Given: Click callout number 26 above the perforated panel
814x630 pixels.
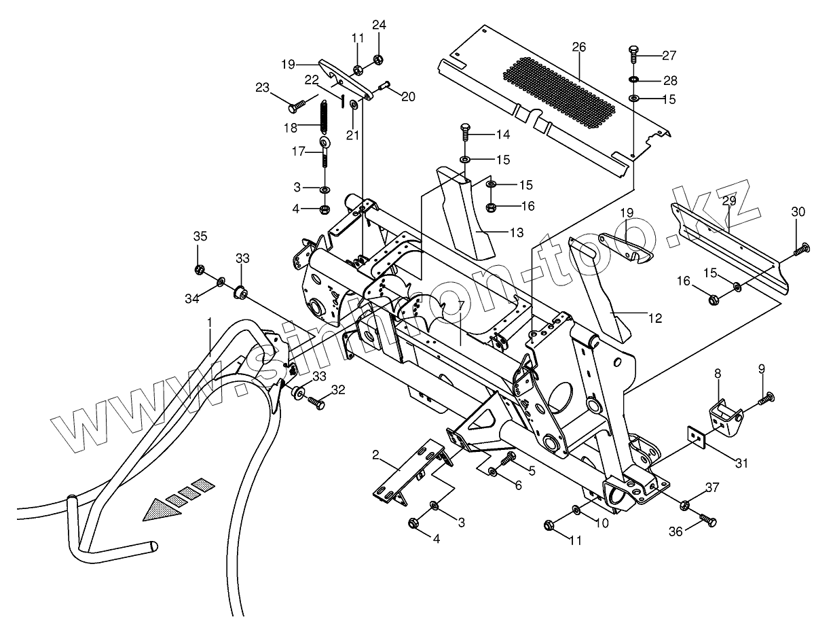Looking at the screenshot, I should coord(579,47).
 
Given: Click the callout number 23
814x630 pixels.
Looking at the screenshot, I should coord(263,87).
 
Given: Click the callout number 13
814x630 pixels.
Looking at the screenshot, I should coord(517,232).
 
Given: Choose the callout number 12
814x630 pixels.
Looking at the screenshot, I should coord(654,317).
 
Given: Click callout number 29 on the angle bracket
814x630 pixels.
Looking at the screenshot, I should coord(728,200).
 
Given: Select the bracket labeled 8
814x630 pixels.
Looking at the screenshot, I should coord(724,410).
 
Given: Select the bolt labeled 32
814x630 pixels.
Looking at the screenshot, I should coord(316,403).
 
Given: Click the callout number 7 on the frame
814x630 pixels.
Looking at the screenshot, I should coord(460,304).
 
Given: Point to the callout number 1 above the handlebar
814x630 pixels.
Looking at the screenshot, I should coord(210,321).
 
